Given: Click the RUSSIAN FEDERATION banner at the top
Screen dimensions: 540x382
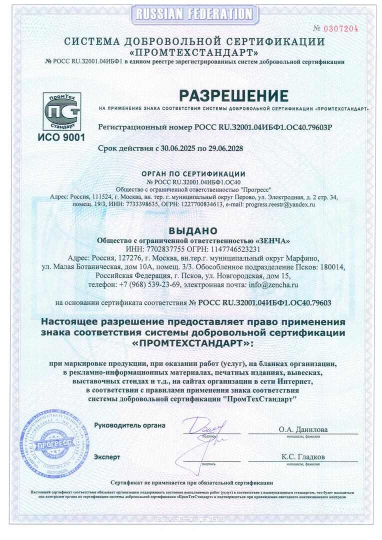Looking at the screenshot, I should [x=192, y=13].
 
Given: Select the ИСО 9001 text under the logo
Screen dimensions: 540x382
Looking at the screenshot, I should [x=61, y=136].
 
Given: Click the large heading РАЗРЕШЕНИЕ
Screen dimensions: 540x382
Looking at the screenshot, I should [x=234, y=95].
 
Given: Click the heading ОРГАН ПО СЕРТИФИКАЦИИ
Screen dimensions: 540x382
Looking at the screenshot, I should [x=192, y=174].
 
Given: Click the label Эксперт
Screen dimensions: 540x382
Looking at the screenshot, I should [x=107, y=457].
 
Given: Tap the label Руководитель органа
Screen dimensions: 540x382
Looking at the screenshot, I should [x=129, y=425].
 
